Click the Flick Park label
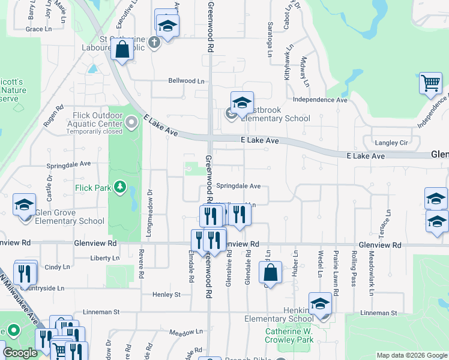[93, 188]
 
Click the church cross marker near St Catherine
[154, 42]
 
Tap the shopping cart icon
[430, 85]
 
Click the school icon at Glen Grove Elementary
[25, 205]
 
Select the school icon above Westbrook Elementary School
[242, 103]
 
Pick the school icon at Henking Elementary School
[321, 304]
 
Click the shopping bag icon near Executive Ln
[122, 50]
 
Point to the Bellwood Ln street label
[186, 80]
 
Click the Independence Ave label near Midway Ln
[320, 100]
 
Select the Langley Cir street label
[391, 143]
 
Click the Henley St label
[166, 295]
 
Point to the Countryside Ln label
[43, 288]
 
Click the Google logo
[20, 353]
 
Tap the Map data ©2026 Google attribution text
[412, 355]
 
